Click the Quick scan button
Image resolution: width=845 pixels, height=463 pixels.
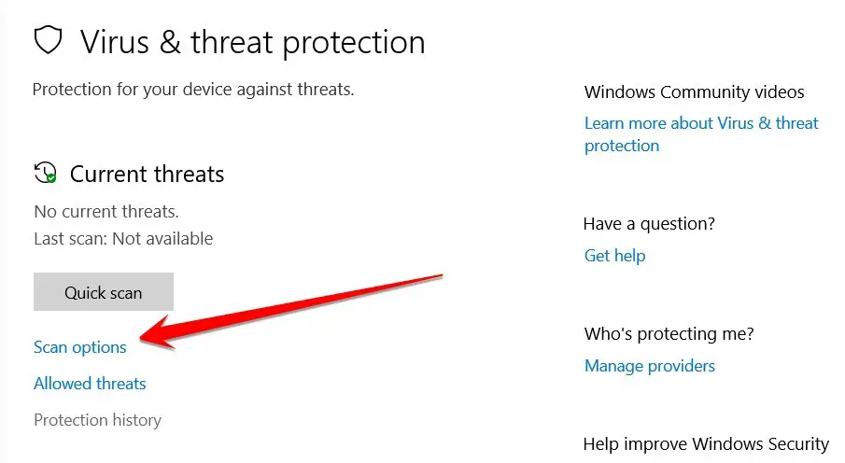tap(104, 291)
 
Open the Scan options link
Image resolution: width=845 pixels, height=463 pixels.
tap(79, 347)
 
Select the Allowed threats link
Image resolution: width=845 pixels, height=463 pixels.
tap(90, 384)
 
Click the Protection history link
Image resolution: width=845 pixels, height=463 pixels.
tap(97, 420)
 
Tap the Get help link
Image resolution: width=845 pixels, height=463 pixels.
tap(615, 256)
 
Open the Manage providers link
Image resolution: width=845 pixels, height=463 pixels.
tap(650, 366)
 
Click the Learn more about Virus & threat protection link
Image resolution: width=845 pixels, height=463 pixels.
tap(701, 134)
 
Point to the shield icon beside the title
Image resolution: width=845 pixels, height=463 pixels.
tap(48, 40)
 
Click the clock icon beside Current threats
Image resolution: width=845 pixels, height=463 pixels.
tap(45, 173)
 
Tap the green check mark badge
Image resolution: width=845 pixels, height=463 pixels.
tap(51, 177)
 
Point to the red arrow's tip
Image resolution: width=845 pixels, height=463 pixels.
tap(140, 339)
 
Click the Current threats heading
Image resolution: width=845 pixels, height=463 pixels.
tap(148, 175)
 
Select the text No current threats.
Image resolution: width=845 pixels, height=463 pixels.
tap(106, 211)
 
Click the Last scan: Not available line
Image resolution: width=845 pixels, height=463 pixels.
tap(123, 238)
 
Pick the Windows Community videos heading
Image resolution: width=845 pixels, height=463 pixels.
tap(694, 92)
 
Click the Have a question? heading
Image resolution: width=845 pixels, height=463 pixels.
tap(649, 224)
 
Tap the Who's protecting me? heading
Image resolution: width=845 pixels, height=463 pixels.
tap(669, 334)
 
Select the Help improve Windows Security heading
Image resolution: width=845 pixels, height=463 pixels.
tap(706, 444)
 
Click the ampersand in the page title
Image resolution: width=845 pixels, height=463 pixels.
tap(170, 42)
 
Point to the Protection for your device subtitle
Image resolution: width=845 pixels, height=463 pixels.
tap(193, 90)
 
